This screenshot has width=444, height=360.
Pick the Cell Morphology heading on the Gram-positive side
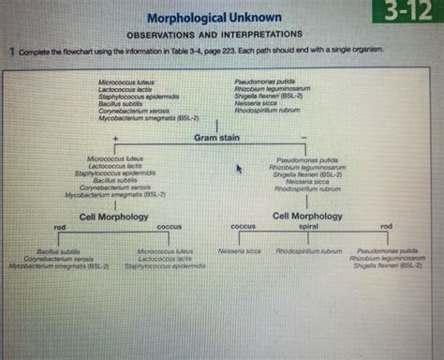111,216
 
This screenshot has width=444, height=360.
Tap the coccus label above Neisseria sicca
244,226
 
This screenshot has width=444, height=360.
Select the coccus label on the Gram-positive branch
168,226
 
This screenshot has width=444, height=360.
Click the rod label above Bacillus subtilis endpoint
59,227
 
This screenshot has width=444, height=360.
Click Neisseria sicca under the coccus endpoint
239,251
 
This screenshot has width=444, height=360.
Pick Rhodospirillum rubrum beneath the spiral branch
308,251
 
